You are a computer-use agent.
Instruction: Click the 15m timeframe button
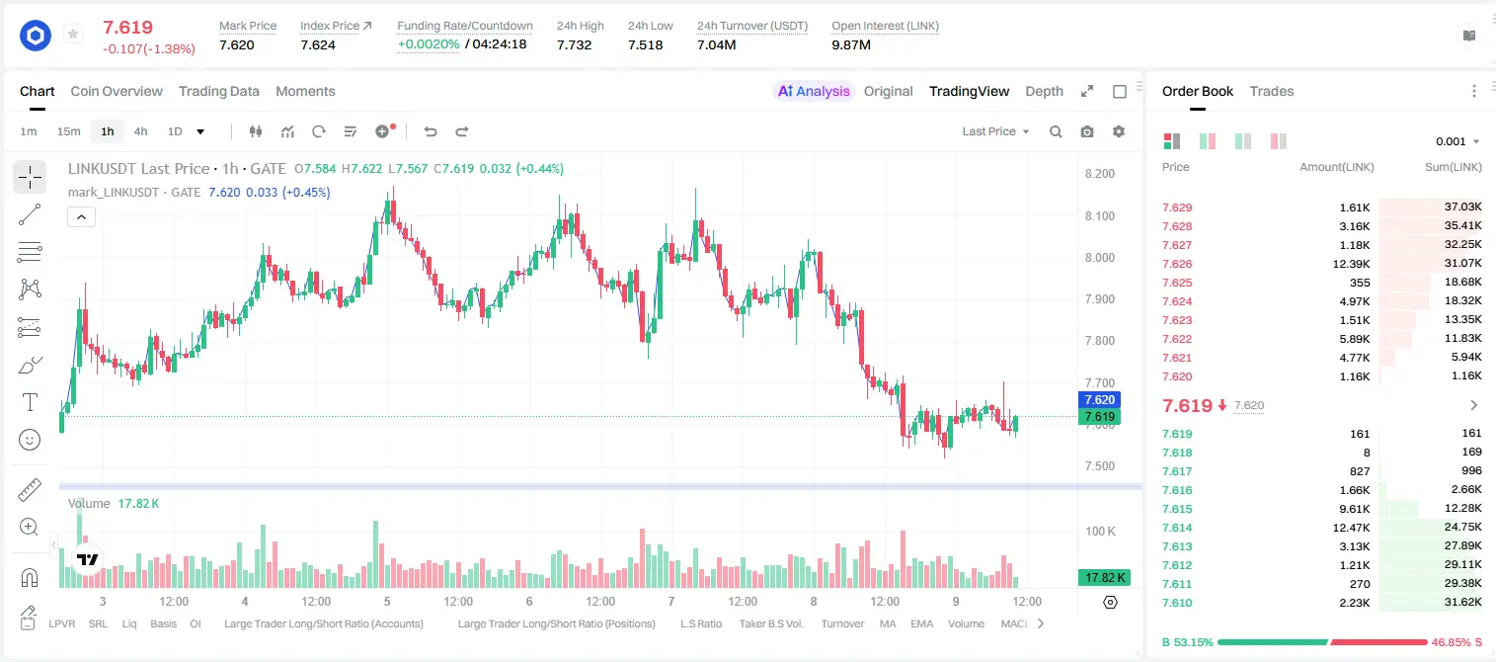(x=69, y=131)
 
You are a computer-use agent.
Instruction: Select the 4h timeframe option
(x=140, y=131)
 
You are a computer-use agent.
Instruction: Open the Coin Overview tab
(x=117, y=91)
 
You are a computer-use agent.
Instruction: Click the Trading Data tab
(x=219, y=91)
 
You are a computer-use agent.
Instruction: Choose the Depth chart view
(x=1044, y=91)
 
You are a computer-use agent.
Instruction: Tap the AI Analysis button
(x=814, y=91)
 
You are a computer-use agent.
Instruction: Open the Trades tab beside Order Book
(x=1272, y=91)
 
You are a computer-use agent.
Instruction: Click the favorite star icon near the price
(x=73, y=34)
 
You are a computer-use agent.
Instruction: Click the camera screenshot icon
(x=1087, y=131)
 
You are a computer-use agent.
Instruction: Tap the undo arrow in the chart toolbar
(x=431, y=131)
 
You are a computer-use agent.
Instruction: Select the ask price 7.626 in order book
(x=1177, y=264)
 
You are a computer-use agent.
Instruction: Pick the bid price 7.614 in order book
(x=1177, y=528)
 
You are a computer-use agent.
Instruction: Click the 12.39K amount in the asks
(x=1351, y=264)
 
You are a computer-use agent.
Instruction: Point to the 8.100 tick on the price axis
(x=1100, y=215)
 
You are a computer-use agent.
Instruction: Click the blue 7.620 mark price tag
(x=1099, y=399)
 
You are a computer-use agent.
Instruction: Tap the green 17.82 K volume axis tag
(x=1105, y=577)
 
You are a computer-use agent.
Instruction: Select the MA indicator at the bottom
(x=888, y=623)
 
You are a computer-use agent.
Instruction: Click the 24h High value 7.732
(x=575, y=44)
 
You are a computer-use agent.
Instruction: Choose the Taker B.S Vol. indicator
(x=771, y=623)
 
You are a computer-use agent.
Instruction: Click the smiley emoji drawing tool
(x=30, y=440)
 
